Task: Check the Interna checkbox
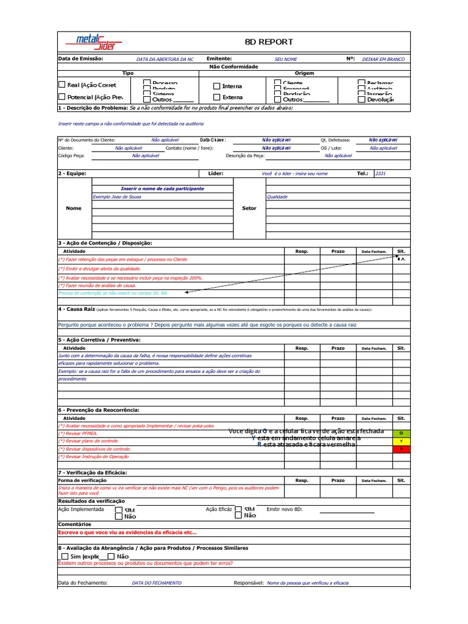(216, 87)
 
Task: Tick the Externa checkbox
(216, 97)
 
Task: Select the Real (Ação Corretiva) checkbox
(62, 85)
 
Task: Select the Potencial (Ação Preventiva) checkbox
(62, 97)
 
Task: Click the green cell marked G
(401, 433)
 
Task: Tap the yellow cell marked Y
(401, 441)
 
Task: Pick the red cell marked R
(401, 449)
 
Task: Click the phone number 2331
(380, 174)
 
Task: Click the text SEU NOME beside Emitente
(286, 60)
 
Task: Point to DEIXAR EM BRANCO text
(383, 60)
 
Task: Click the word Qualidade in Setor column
(277, 197)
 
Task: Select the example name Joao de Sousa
(118, 197)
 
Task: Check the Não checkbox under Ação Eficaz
(238, 516)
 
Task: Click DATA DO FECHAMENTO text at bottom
(157, 583)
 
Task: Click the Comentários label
(74, 524)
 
